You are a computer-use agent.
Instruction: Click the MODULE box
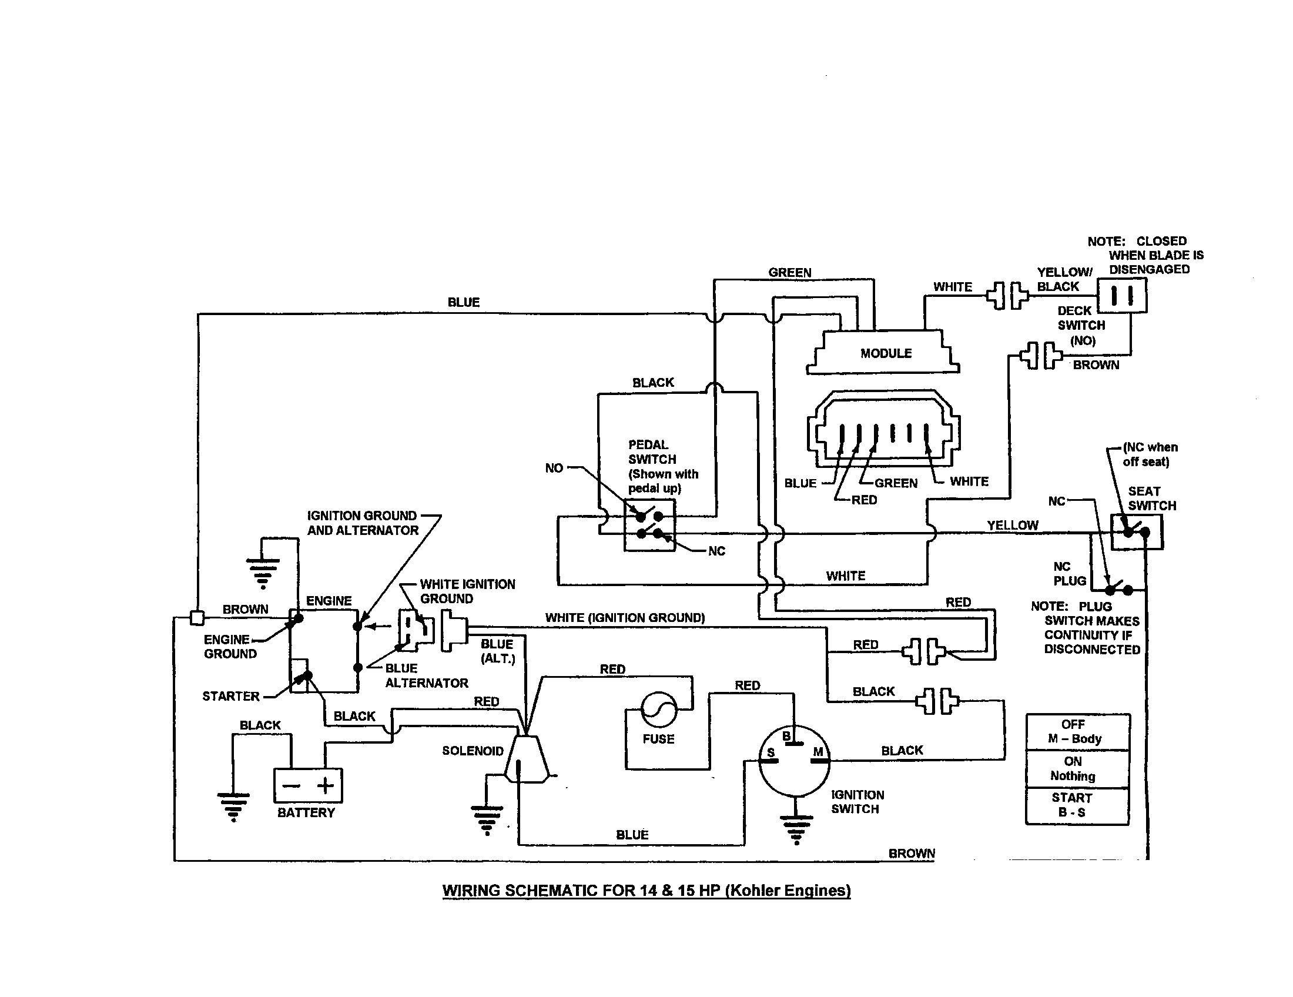pyautogui.click(x=883, y=352)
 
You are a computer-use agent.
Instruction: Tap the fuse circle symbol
pyautogui.click(x=659, y=710)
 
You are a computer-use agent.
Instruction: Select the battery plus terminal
pyautogui.click(x=326, y=785)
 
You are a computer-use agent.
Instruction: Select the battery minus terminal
pyautogui.click(x=291, y=786)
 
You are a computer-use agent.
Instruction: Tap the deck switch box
pyautogui.click(x=1122, y=295)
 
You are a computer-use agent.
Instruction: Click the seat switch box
pyautogui.click(x=1136, y=531)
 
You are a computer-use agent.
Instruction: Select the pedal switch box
pyautogui.click(x=649, y=525)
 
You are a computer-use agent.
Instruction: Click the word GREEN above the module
pyautogui.click(x=790, y=272)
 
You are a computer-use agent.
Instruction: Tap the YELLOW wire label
pyautogui.click(x=1013, y=525)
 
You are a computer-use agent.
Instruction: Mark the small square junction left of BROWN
pyautogui.click(x=197, y=618)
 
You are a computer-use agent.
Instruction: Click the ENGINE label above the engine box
pyautogui.click(x=329, y=601)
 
